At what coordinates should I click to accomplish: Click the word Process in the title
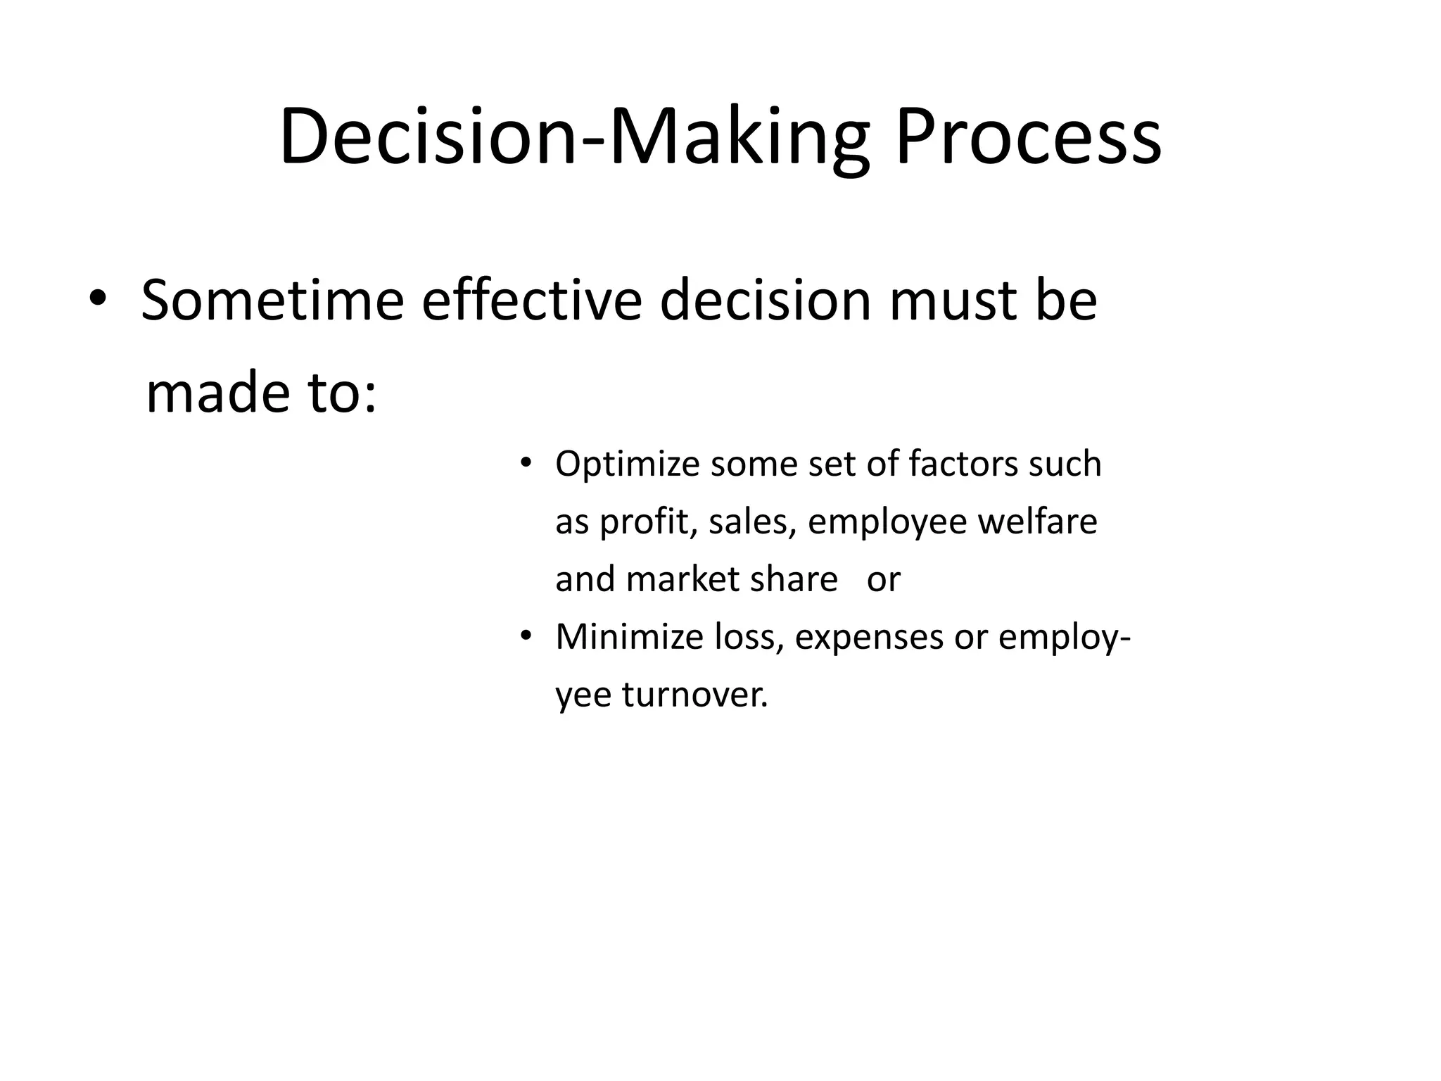pyautogui.click(x=1027, y=136)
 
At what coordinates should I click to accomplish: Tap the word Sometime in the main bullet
pyautogui.click(x=272, y=301)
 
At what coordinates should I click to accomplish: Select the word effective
pyautogui.click(x=531, y=301)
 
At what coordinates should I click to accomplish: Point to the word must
pyautogui.click(x=949, y=301)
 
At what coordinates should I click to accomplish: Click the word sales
pyautogui.click(x=752, y=522)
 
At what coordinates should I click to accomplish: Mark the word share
pyautogui.click(x=794, y=580)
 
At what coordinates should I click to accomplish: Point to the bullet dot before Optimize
pyautogui.click(x=524, y=464)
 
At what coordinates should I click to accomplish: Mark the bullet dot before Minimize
pyautogui.click(x=524, y=637)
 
